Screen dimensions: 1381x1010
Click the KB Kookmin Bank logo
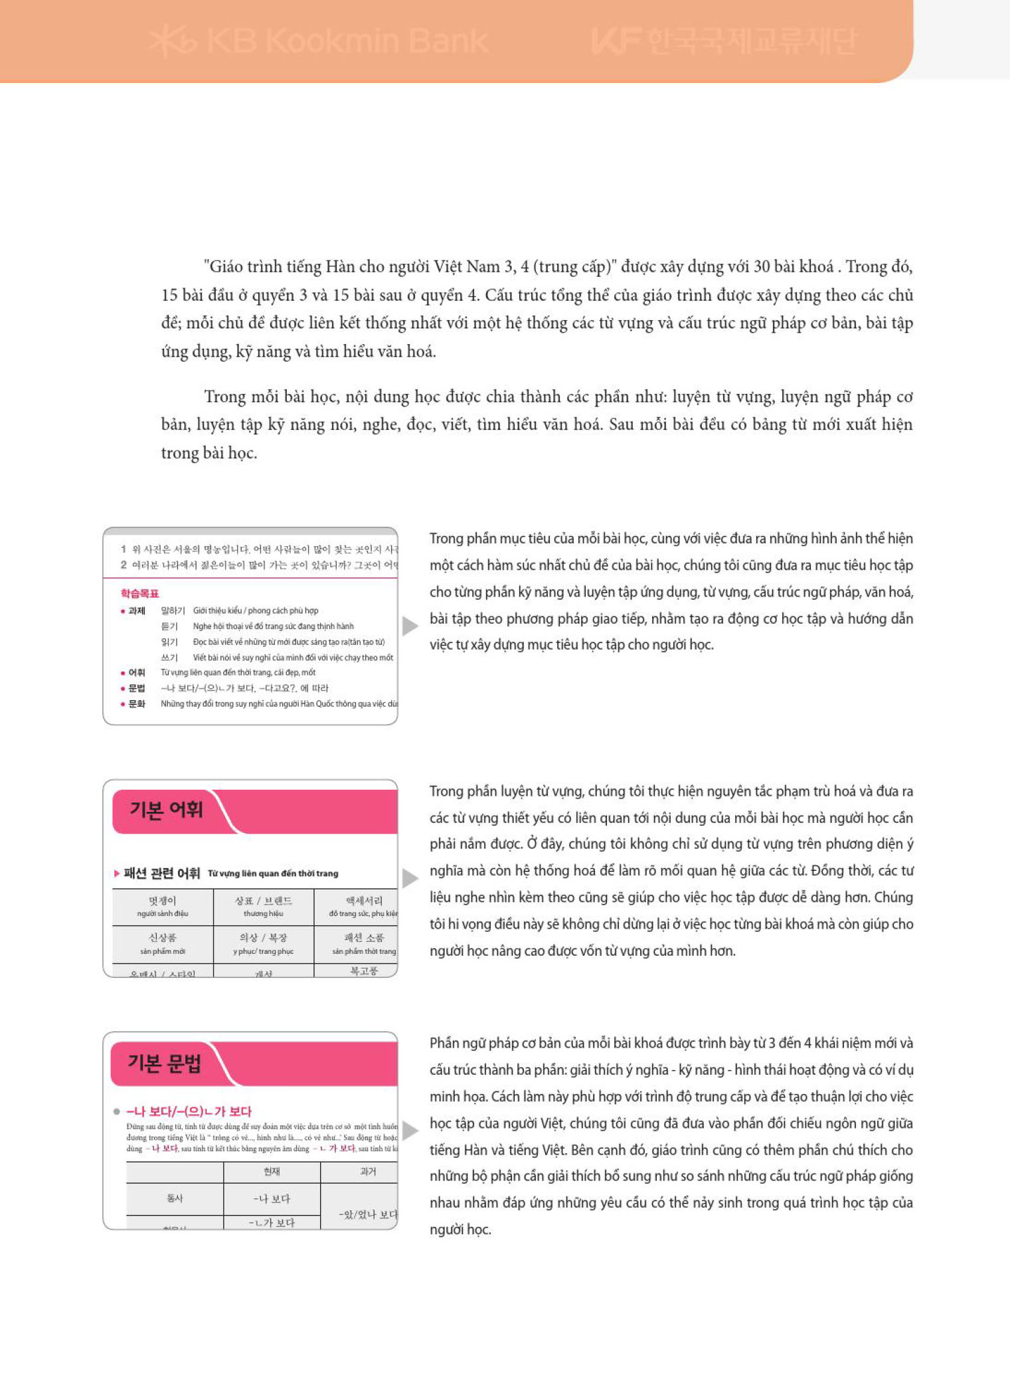coord(319,41)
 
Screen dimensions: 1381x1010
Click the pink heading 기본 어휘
coord(166,810)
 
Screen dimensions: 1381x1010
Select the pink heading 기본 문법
coord(164,1063)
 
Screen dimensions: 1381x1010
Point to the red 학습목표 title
coord(139,593)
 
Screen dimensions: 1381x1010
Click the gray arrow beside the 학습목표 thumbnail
coord(410,625)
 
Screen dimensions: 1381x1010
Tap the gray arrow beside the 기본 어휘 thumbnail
coord(410,877)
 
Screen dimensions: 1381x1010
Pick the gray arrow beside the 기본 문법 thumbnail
coord(410,1130)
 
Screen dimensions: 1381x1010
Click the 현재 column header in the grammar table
coord(272,1172)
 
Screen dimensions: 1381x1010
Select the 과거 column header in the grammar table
coord(368,1172)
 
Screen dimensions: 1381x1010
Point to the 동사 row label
coord(175,1198)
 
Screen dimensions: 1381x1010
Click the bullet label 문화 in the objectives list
coord(137,703)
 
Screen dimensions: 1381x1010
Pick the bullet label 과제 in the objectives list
coord(137,610)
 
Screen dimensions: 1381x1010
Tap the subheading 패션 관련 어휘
coord(161,873)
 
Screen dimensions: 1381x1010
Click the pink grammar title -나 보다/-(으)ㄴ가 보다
coord(189,1111)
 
